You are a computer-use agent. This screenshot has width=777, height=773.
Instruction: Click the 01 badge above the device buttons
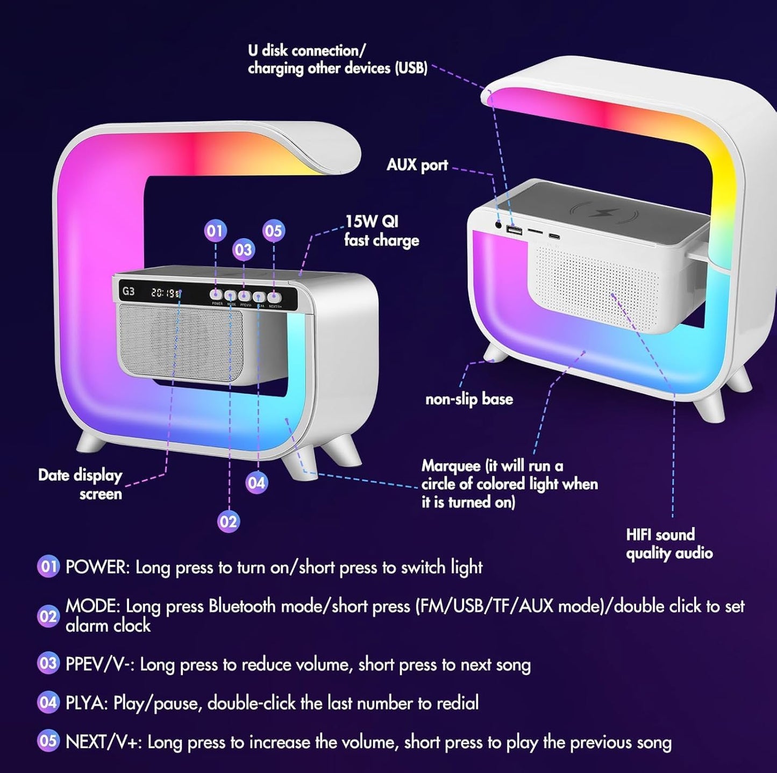coord(215,231)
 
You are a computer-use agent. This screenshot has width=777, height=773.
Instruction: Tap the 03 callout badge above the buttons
coord(243,249)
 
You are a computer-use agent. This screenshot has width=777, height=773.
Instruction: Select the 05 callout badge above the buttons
coord(273,231)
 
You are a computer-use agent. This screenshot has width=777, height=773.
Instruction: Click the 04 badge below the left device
coord(256,483)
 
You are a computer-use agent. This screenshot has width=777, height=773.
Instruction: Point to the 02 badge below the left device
coord(228,521)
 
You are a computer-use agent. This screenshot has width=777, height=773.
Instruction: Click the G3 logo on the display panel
coord(129,291)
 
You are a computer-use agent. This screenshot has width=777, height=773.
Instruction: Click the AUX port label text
coord(417,165)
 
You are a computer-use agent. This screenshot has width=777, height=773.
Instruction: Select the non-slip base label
coord(469,399)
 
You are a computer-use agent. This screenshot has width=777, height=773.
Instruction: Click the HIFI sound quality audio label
coord(669,543)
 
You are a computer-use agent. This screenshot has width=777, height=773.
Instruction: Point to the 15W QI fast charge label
coord(381,231)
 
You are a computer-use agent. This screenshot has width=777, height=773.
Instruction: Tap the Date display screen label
coord(80,484)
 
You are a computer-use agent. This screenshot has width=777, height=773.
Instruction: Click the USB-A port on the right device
coord(514,230)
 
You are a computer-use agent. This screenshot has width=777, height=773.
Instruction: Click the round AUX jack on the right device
coord(498,225)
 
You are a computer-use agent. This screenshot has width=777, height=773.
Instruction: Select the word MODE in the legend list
coord(92,606)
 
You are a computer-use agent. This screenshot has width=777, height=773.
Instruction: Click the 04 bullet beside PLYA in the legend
coord(48,702)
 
